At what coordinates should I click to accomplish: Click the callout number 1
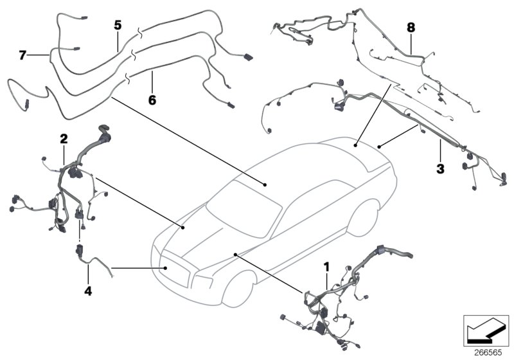point(327,265)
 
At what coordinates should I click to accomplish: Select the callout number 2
point(64,138)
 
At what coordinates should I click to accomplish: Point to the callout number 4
point(88,291)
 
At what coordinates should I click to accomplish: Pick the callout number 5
point(118,25)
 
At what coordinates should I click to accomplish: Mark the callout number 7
point(22,55)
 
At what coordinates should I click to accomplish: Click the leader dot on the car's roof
point(265,184)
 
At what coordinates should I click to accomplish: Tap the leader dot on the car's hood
point(184,226)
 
